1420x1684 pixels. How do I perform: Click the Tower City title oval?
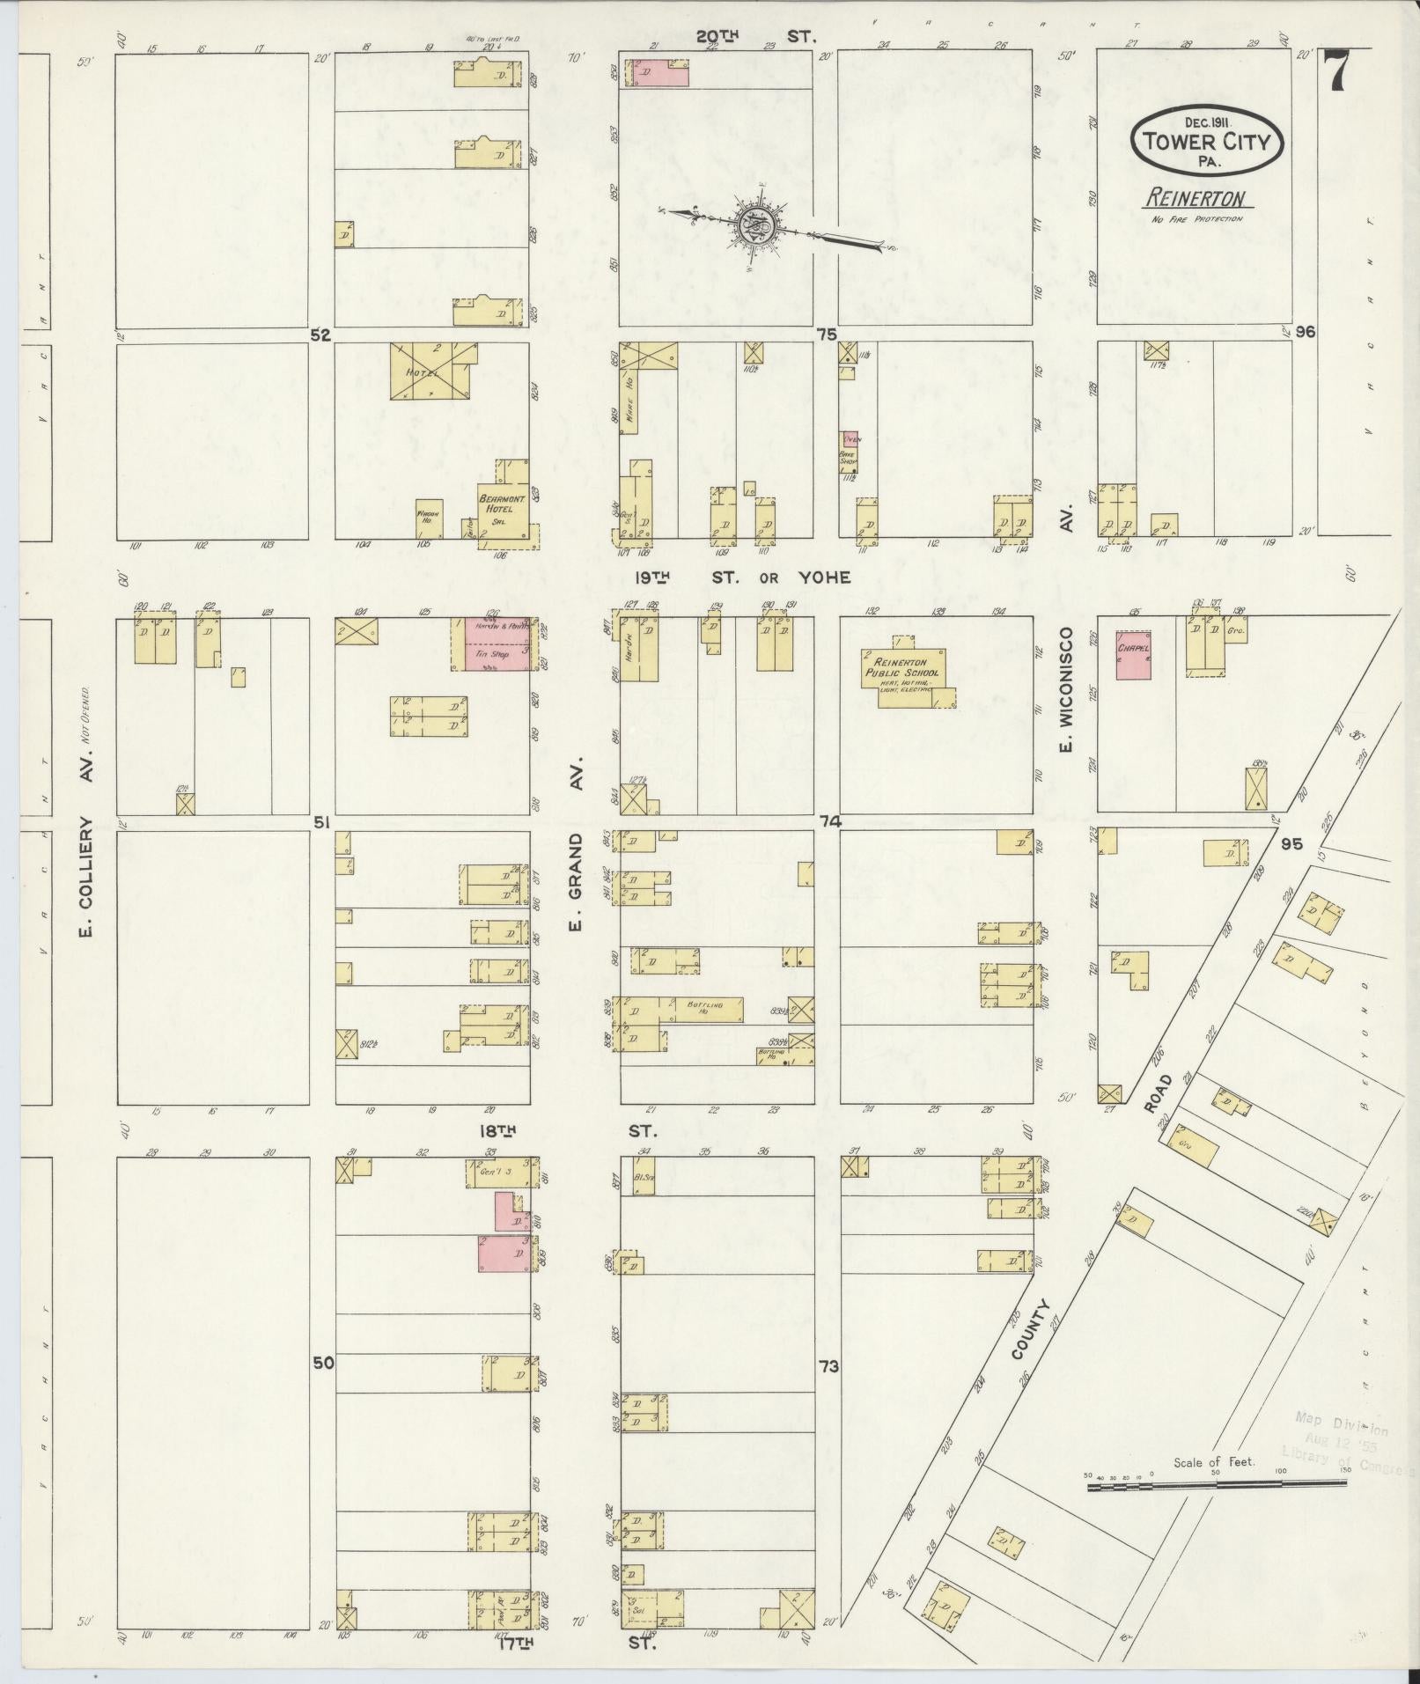click(1206, 141)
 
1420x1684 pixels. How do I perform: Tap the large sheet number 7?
click(1336, 70)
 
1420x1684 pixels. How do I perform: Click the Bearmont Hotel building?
click(504, 506)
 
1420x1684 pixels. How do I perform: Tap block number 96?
click(1305, 332)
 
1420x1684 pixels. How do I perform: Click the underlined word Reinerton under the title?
click(1196, 199)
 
